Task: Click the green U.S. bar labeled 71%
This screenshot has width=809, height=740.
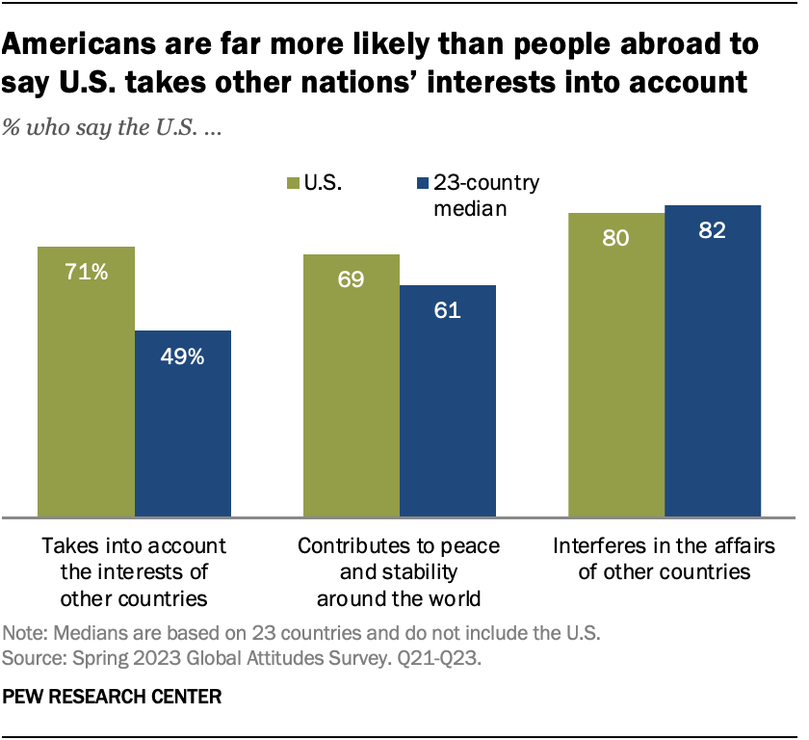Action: pos(86,381)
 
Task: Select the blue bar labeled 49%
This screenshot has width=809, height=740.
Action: pos(182,423)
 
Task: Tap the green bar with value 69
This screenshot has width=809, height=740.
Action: pos(351,384)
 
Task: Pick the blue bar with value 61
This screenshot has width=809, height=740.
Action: pos(447,400)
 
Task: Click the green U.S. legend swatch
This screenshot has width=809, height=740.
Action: pos(294,182)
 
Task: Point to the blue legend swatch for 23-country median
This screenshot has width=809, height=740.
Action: pos(420,182)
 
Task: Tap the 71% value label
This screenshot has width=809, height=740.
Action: pos(86,273)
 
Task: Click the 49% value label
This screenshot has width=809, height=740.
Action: pos(182,357)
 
